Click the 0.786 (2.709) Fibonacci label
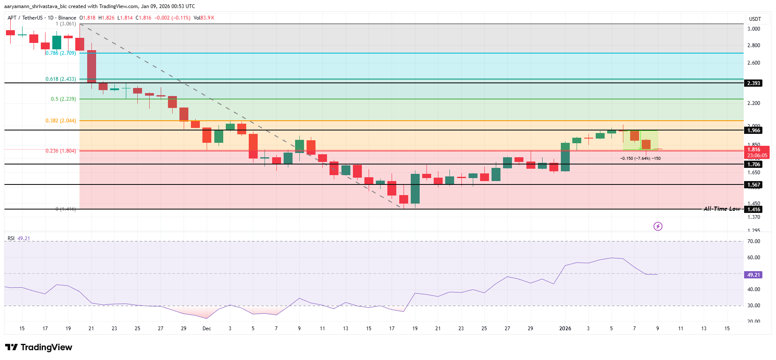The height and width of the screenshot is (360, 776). click(61, 53)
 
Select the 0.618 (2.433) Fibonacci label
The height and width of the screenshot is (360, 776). click(61, 79)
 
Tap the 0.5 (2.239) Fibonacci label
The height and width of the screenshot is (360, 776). click(63, 99)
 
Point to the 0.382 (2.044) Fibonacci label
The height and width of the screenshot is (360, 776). click(61, 121)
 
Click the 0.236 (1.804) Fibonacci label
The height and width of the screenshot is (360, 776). click(61, 151)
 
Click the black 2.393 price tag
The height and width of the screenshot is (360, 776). click(754, 83)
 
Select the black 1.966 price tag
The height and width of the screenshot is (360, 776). click(754, 130)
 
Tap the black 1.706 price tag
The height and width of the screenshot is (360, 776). click(754, 164)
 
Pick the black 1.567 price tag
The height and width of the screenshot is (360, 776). click(754, 185)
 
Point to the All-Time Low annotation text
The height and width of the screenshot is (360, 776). click(722, 209)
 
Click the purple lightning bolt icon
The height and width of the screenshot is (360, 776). click(658, 226)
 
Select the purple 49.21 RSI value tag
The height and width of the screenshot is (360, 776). click(753, 275)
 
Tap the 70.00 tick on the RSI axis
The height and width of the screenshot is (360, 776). click(754, 241)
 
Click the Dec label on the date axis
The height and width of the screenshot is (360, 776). click(207, 329)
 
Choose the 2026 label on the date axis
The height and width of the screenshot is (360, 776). click(565, 329)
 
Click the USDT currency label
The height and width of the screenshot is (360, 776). click(755, 19)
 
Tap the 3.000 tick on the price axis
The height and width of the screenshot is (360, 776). click(754, 29)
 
